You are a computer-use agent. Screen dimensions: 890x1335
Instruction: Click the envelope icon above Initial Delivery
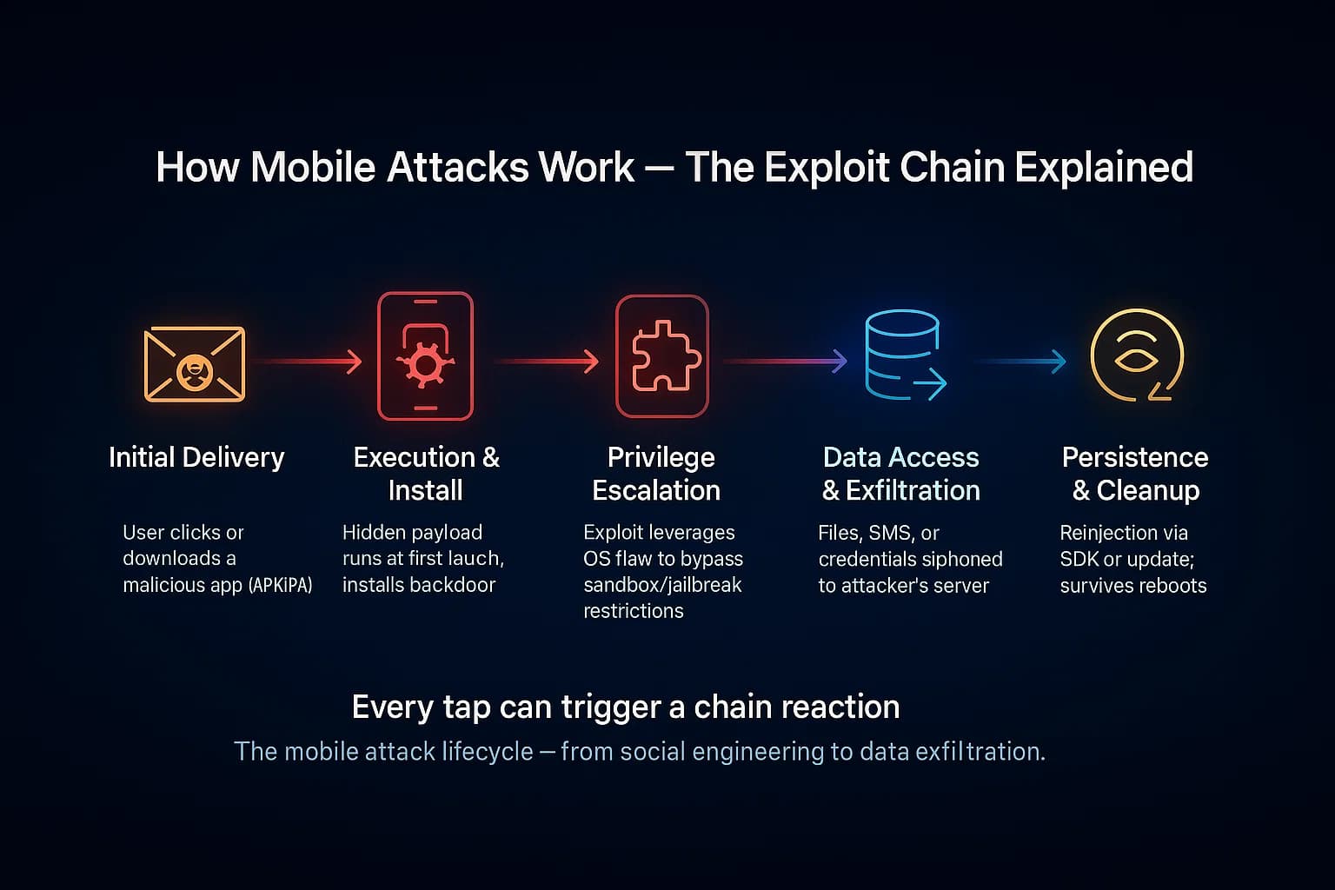pyautogui.click(x=194, y=364)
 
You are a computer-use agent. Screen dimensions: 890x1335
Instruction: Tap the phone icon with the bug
pyautogui.click(x=425, y=356)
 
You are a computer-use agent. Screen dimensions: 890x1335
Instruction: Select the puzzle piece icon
pyautogui.click(x=661, y=356)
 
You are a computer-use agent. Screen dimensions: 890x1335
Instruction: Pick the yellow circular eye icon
pyautogui.click(x=1136, y=355)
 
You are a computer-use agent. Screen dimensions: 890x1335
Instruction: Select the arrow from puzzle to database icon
pyautogui.click(x=785, y=361)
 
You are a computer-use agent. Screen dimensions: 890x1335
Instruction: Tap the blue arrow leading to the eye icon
pyautogui.click(x=1020, y=361)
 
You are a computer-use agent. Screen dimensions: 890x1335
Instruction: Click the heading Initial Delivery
pyautogui.click(x=196, y=457)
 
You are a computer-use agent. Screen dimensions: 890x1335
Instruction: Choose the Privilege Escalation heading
pyautogui.click(x=657, y=474)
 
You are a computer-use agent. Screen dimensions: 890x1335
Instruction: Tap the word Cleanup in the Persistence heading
pyautogui.click(x=1148, y=491)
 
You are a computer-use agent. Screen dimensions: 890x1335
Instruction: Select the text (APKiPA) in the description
pyautogui.click(x=280, y=585)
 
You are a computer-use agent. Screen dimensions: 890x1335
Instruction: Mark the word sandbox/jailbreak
pyautogui.click(x=662, y=585)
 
